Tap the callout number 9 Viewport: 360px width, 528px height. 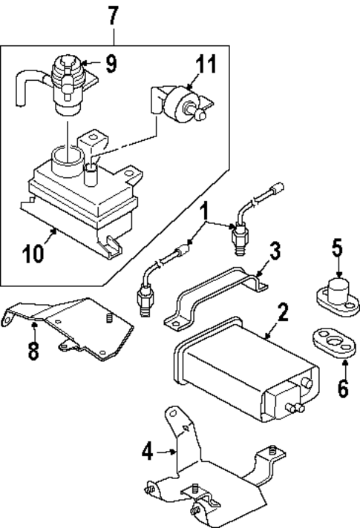point(111,65)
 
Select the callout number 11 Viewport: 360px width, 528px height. point(206,65)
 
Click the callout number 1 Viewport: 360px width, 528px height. point(203,216)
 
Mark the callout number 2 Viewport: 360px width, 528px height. point(282,312)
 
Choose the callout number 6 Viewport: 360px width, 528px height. point(342,387)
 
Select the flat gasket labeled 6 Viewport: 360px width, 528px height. point(330,343)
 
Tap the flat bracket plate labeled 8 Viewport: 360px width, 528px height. point(74,323)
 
